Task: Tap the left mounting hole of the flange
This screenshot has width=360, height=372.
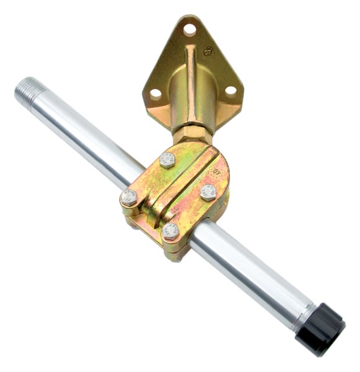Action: [x=156, y=94]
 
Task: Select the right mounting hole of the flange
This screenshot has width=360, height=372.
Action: [x=230, y=91]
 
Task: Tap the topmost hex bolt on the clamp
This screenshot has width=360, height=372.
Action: [x=167, y=160]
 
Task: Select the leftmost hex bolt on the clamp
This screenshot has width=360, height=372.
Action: [x=129, y=197]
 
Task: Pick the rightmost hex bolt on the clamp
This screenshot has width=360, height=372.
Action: [x=209, y=191]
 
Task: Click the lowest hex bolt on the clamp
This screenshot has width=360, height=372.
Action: [x=170, y=232]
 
